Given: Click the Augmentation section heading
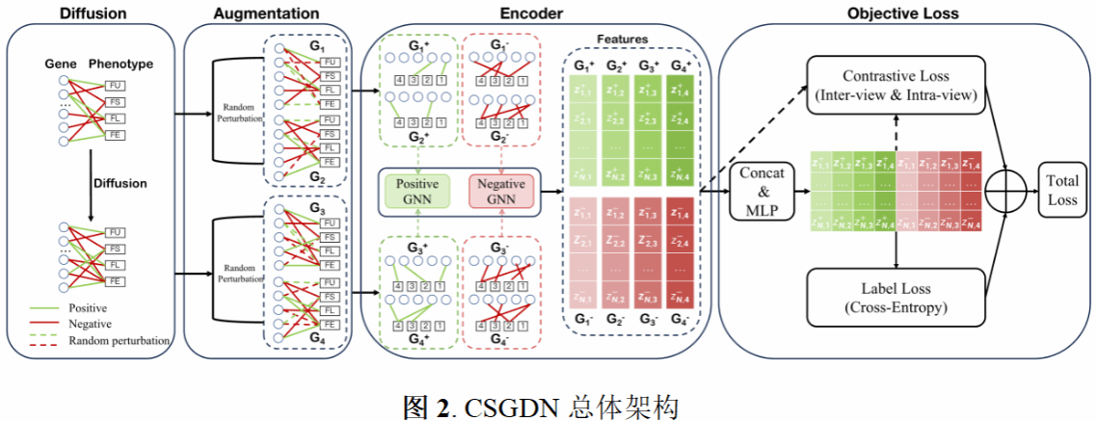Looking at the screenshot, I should click(x=266, y=13).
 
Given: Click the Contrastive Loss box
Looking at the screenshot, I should click(x=896, y=86).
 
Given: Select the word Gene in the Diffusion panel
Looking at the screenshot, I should click(x=60, y=64).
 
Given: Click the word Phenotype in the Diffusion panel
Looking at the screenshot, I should click(x=120, y=64).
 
